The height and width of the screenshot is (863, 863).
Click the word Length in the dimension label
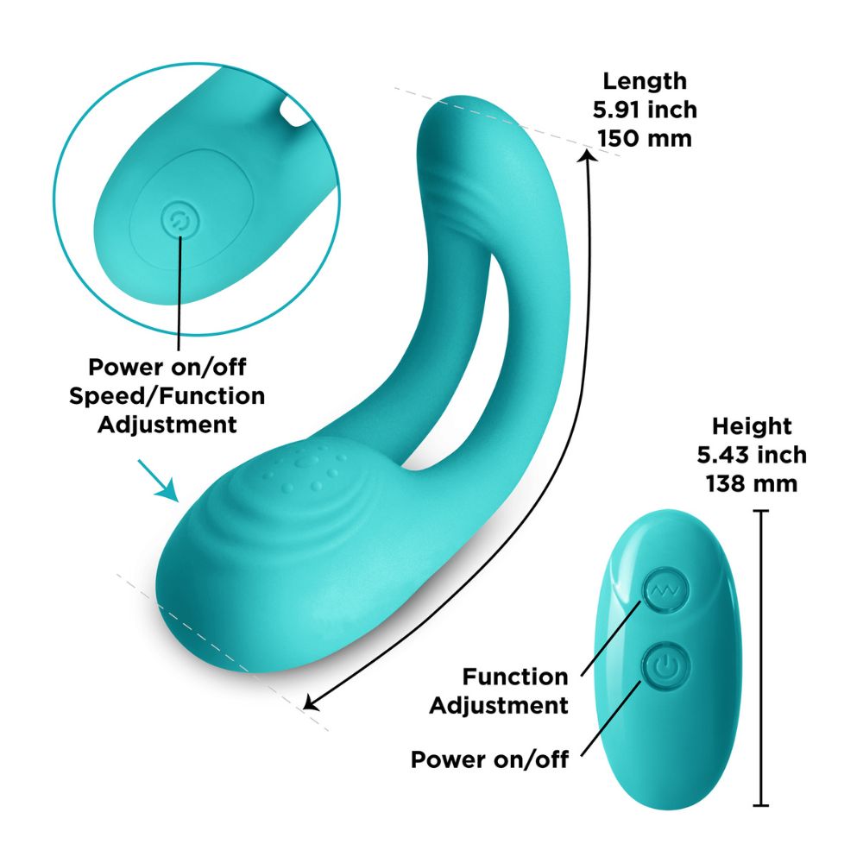point(645,81)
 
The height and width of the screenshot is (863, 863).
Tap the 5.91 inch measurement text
point(645,110)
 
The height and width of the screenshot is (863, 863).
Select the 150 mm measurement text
point(645,139)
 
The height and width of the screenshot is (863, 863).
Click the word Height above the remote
point(752,426)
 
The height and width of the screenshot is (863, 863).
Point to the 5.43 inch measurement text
point(752,455)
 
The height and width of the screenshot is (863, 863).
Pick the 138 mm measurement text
point(752,484)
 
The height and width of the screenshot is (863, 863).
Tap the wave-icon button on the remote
point(665,590)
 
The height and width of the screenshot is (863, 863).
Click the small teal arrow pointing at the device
point(159,481)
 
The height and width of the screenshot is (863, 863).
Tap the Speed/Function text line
point(167,396)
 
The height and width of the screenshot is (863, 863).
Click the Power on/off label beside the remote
point(489,759)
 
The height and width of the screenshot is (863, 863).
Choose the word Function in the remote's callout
point(514,677)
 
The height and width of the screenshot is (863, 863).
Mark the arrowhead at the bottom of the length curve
point(311,702)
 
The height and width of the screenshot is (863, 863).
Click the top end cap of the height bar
point(760,511)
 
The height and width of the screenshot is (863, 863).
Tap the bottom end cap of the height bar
point(760,806)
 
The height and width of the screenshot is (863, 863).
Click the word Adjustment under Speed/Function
point(167,425)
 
